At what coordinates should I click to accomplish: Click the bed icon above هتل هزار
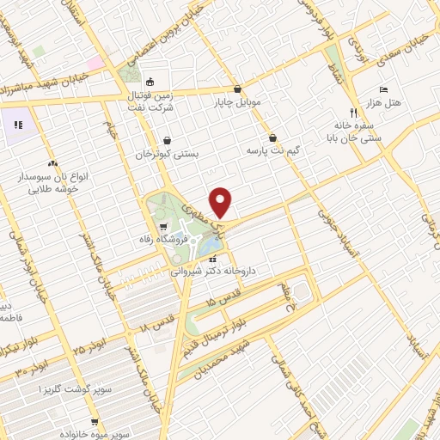pyautogui.click(x=384, y=89)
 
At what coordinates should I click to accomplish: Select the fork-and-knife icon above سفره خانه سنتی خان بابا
pyautogui.click(x=353, y=113)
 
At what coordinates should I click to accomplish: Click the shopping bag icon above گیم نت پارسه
pyautogui.click(x=272, y=137)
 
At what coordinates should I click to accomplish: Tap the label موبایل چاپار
pyautogui.click(x=238, y=101)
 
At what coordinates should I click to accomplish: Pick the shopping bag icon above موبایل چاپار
pyautogui.click(x=237, y=89)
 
